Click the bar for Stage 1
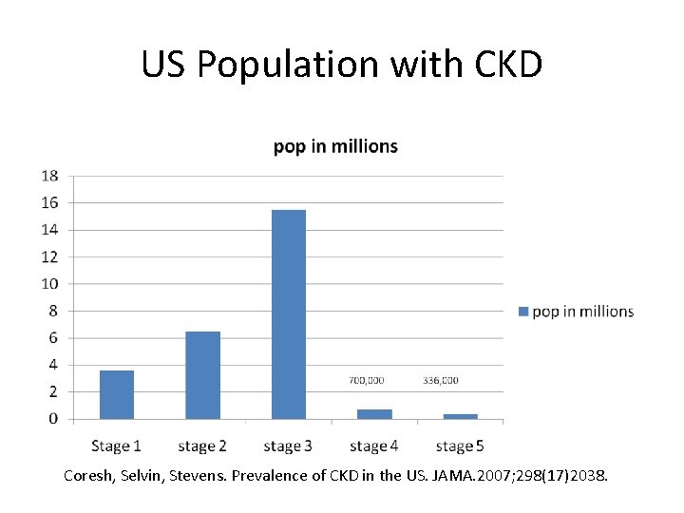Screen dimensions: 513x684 click(117, 394)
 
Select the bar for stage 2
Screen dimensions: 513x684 click(202, 375)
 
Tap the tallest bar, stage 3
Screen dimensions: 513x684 click(289, 314)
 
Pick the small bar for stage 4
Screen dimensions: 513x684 click(374, 414)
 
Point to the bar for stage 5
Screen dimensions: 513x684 click(460, 416)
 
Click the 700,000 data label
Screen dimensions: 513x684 click(367, 380)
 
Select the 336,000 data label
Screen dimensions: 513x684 click(441, 380)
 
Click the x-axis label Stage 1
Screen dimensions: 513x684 click(117, 446)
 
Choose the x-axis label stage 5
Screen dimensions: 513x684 click(460, 446)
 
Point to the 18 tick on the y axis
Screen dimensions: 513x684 click(49, 176)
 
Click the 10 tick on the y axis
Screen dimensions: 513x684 click(49, 284)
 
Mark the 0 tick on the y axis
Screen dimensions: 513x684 click(53, 419)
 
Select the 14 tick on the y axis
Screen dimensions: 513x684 click(49, 230)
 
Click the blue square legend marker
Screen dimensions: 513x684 click(522, 312)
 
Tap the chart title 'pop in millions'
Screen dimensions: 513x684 click(335, 146)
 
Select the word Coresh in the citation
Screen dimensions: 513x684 click(87, 472)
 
